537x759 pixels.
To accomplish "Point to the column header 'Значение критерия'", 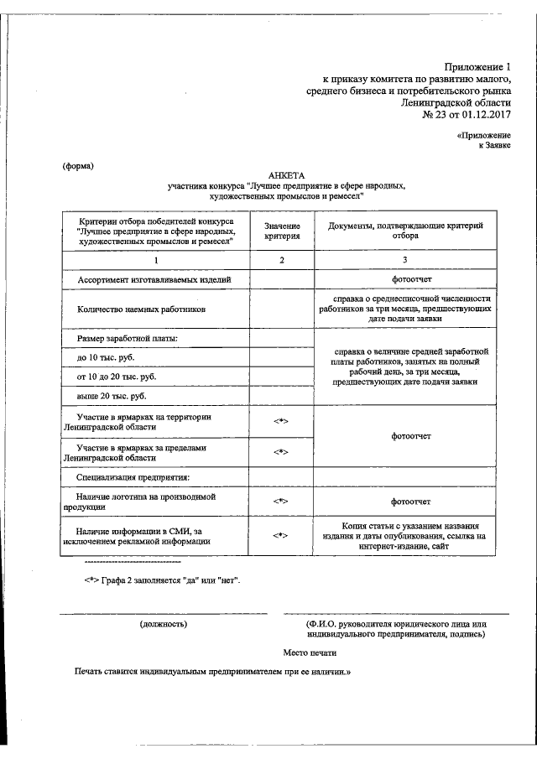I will [281, 231].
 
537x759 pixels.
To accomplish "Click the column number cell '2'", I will [281, 260].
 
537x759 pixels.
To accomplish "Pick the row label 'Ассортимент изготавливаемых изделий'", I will [153, 279].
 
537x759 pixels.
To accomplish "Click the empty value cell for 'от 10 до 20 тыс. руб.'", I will [281, 377].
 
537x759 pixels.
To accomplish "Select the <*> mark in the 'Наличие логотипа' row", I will [281, 501].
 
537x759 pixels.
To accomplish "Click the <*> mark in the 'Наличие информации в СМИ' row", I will [281, 535].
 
